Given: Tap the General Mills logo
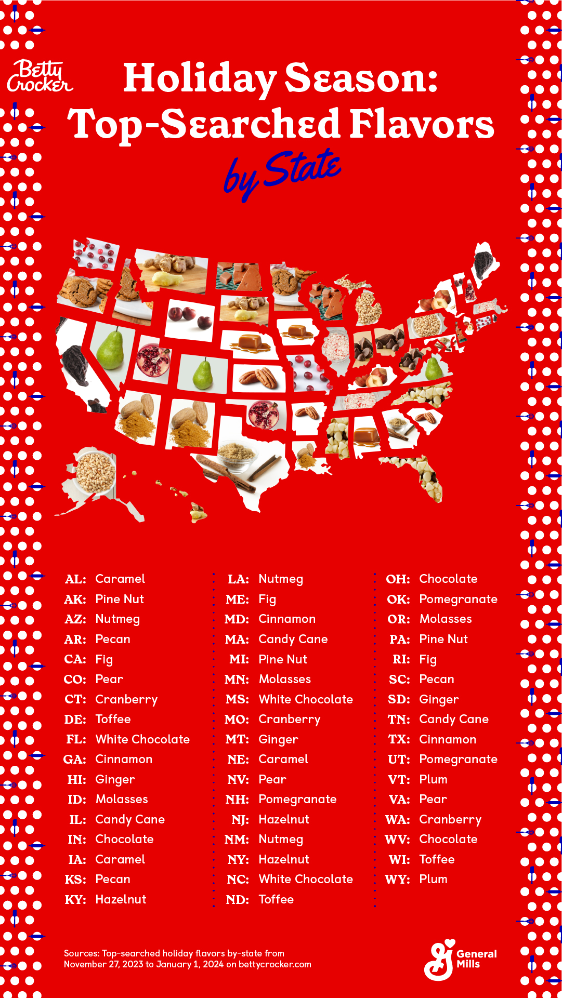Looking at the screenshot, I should click(x=460, y=960).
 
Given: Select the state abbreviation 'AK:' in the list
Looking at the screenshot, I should click(x=75, y=599).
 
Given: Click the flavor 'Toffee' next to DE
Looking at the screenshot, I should click(x=113, y=719).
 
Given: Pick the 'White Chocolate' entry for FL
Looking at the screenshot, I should click(x=142, y=739).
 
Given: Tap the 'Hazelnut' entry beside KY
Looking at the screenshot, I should click(x=121, y=899).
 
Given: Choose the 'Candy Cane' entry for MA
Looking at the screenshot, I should click(x=293, y=639).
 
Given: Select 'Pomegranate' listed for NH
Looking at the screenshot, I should click(x=297, y=799).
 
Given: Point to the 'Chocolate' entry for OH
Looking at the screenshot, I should click(x=448, y=579).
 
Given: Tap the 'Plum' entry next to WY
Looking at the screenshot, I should click(x=433, y=879).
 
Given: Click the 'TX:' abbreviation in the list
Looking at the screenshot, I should click(x=399, y=739).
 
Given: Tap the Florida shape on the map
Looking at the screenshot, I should click(x=424, y=475).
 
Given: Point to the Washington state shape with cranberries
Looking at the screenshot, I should click(x=96, y=255).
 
